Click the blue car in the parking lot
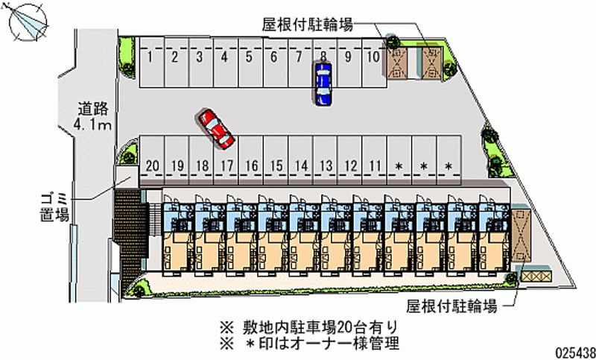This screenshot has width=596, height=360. point(323,83)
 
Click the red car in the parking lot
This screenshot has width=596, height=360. point(216,128)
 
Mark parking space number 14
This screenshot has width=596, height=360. point(301,165)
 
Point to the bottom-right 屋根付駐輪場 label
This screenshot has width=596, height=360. point(451,306)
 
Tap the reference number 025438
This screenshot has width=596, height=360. point(571,351)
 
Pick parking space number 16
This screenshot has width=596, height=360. point(252,165)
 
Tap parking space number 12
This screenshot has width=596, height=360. point(350,165)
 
